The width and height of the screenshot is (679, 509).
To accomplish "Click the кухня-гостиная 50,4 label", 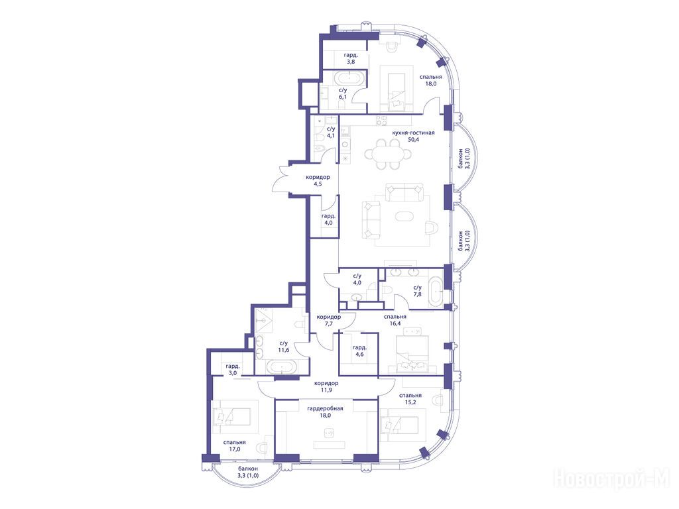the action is [x=413, y=136].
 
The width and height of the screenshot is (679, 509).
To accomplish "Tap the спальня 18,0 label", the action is [x=430, y=80].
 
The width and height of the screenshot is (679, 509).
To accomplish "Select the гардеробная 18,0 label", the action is [x=325, y=412].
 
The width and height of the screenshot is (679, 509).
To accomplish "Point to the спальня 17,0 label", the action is [x=234, y=446].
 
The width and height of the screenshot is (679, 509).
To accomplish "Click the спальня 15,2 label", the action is [x=410, y=398].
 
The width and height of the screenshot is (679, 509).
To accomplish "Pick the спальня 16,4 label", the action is [x=395, y=320].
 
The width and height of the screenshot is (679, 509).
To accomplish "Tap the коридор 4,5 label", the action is [x=318, y=180].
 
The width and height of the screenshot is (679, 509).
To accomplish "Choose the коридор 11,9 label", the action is [x=326, y=386].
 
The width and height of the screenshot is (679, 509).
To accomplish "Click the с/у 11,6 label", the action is [x=284, y=347].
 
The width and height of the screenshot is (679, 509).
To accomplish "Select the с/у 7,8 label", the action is [x=418, y=291].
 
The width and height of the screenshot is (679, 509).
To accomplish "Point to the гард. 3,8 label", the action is [x=351, y=58].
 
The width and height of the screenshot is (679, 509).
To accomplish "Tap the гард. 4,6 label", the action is [x=359, y=351].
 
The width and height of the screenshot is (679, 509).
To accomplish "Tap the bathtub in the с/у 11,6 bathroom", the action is [x=281, y=367].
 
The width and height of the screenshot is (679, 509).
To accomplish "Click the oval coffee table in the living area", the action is [x=406, y=215].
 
